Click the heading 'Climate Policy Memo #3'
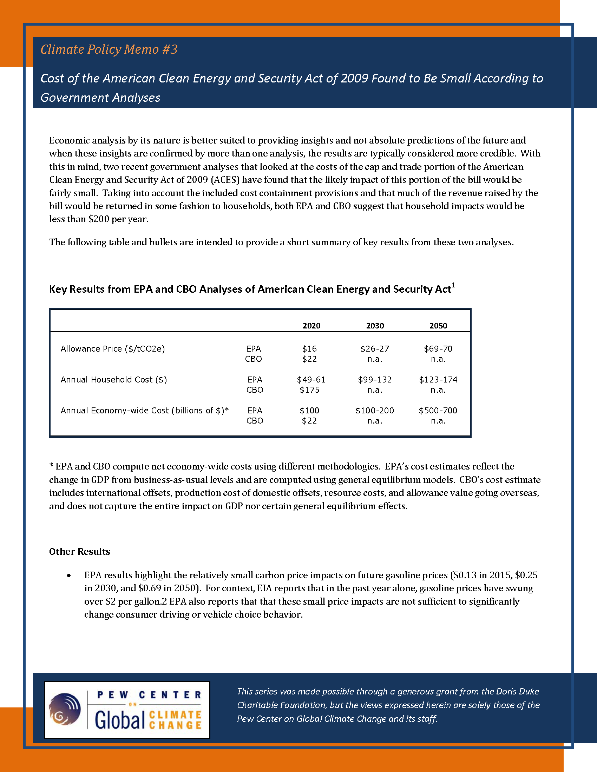click(x=109, y=49)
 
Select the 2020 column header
click(x=311, y=326)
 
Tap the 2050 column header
click(x=438, y=326)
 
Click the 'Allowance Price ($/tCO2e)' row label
click(x=112, y=349)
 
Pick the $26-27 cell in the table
click(x=375, y=349)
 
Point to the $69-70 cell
click(x=438, y=349)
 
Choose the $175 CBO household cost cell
click(x=309, y=390)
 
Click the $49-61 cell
click(x=311, y=380)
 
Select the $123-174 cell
click(x=438, y=380)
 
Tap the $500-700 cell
click(x=438, y=411)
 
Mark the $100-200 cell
click(x=375, y=411)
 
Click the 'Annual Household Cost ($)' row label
click(x=113, y=380)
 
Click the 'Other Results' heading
click(x=80, y=551)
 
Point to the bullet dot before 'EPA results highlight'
click(x=69, y=576)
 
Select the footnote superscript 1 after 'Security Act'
click(x=453, y=285)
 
